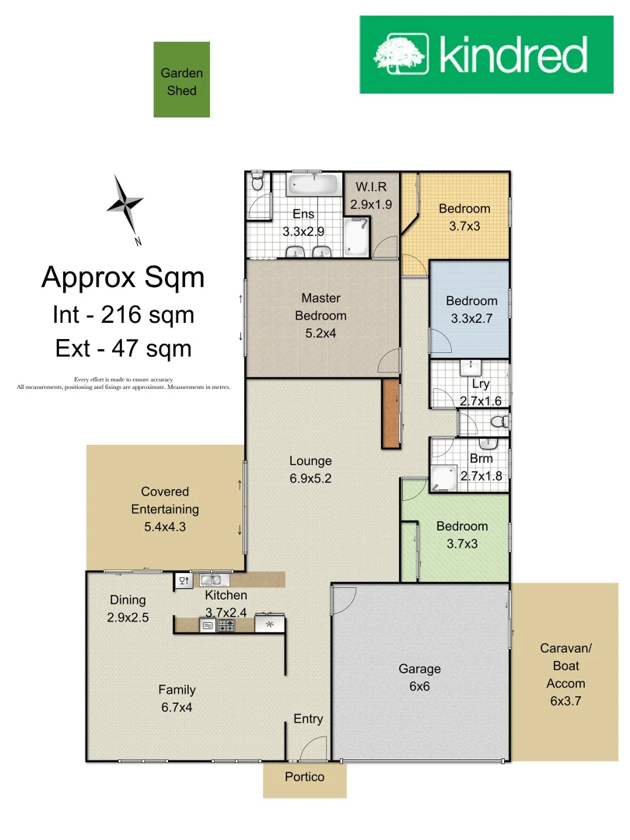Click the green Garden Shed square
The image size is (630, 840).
[181, 80]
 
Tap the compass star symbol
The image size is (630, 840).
[124, 204]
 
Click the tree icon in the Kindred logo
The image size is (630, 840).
[401, 54]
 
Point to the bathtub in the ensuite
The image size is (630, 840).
[313, 185]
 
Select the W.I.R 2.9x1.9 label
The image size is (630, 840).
[371, 197]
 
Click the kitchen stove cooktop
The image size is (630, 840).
[226, 625]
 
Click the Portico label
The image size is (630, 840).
[304, 777]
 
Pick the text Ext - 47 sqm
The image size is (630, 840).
[123, 348]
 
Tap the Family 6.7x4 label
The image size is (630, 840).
[177, 699]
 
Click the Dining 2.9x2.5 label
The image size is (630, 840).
[128, 609]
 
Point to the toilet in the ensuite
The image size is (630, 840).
[258, 184]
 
